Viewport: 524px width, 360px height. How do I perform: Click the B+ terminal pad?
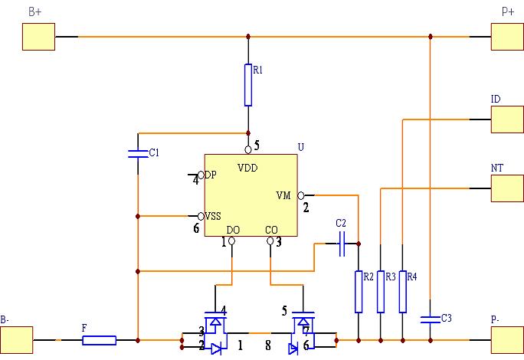[38, 36]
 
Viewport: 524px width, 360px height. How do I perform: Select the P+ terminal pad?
[507, 36]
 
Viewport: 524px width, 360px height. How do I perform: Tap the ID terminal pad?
[507, 119]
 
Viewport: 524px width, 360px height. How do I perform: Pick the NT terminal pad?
[507, 188]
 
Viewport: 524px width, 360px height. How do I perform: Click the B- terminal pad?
[17, 339]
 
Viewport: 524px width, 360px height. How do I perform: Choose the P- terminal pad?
[507, 339]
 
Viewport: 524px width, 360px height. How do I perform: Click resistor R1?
[248, 84]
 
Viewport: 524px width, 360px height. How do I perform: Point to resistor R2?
[358, 291]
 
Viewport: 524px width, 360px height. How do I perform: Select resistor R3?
[380, 291]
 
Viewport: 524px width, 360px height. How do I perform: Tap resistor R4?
[402, 291]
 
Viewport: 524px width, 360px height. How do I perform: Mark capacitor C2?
[342, 246]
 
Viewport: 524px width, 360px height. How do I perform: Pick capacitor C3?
[431, 317]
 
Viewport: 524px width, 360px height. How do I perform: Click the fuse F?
[99, 339]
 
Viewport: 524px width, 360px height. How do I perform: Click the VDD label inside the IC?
[247, 167]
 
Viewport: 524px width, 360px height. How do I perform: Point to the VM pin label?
[283, 195]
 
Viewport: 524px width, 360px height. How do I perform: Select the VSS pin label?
[214, 217]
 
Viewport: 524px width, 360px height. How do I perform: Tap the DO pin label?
[234, 230]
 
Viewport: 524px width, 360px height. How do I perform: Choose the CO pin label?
[271, 230]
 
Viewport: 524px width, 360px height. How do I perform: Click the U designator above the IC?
[300, 147]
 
